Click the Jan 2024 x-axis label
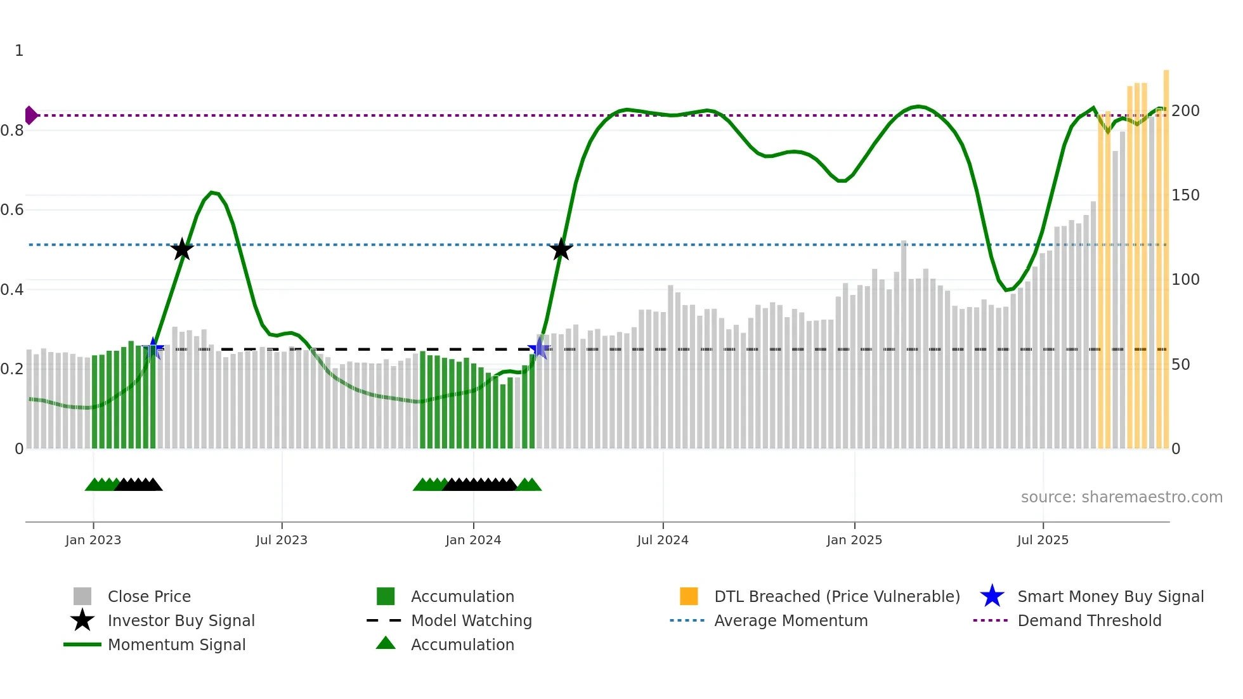(x=473, y=540)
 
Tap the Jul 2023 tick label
(x=282, y=540)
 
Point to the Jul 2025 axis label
(x=1043, y=540)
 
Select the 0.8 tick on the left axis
(x=12, y=131)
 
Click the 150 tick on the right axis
(x=1185, y=195)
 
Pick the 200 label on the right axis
(x=1185, y=111)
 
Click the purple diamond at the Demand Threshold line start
(x=30, y=115)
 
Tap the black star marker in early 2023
(x=182, y=249)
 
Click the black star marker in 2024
(x=561, y=249)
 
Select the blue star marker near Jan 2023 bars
(x=153, y=348)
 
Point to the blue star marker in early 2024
(x=539, y=348)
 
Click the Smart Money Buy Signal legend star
(x=992, y=596)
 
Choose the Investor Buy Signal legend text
(x=181, y=620)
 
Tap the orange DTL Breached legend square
(x=689, y=596)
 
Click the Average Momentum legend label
(x=791, y=620)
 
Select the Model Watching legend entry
(x=471, y=620)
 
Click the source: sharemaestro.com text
(x=1121, y=497)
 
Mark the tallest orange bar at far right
(x=1166, y=254)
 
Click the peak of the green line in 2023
(x=212, y=192)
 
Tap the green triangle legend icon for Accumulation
(x=386, y=643)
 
